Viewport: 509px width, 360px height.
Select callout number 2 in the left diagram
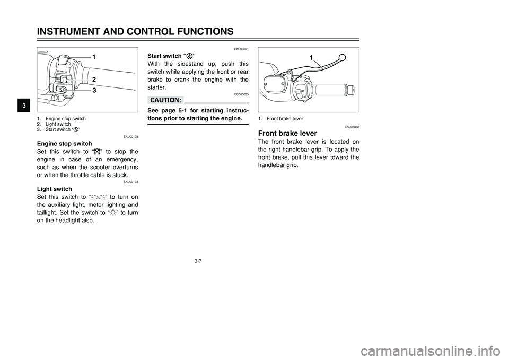point(93,78)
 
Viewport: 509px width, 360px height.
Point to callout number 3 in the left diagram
point(94,91)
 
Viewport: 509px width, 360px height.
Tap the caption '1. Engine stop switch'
point(62,118)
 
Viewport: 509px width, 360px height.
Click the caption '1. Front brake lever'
point(280,119)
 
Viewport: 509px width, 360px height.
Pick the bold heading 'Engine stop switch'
point(64,144)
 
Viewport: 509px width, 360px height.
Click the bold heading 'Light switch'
point(55,189)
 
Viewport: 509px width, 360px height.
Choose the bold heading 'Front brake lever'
point(287,133)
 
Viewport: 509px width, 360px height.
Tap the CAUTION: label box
point(165,100)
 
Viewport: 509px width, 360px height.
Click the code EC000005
point(240,94)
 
